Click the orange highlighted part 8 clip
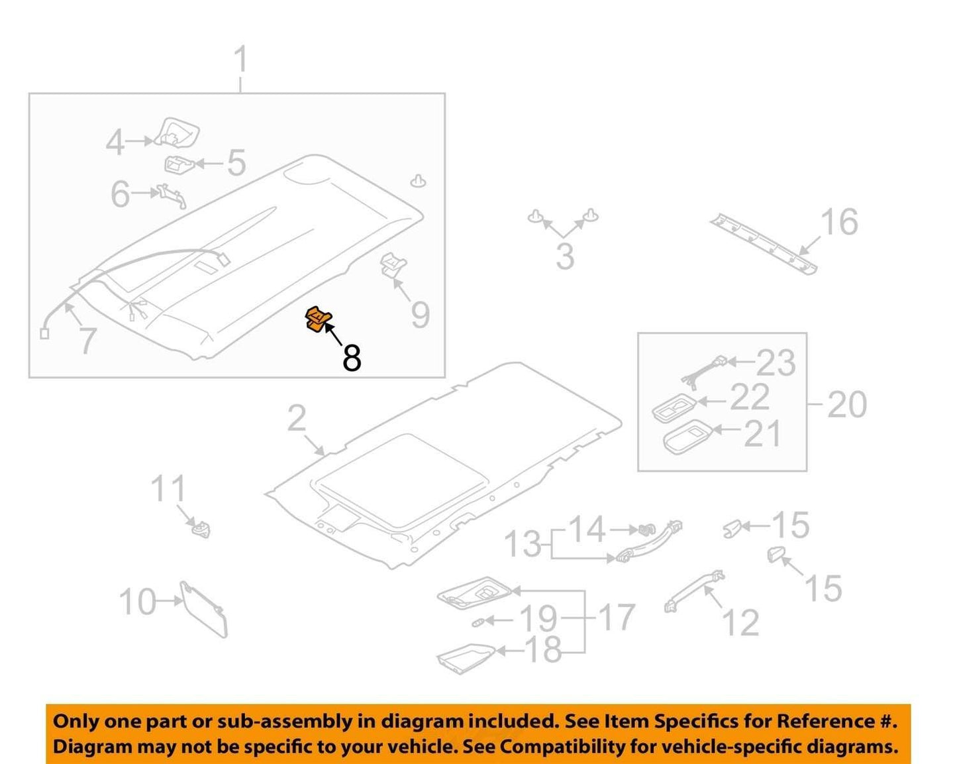click(x=318, y=319)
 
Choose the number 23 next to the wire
click(x=776, y=362)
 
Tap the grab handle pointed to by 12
click(x=693, y=591)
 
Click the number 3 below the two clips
click(x=565, y=256)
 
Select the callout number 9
click(x=421, y=315)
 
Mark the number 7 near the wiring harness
click(x=87, y=341)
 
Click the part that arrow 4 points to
click(x=177, y=132)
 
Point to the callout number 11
click(x=168, y=488)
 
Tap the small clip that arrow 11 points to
click(x=201, y=529)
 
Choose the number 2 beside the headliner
click(x=297, y=418)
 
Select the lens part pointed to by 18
click(x=466, y=658)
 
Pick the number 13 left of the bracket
click(x=523, y=544)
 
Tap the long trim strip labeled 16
click(x=763, y=243)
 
